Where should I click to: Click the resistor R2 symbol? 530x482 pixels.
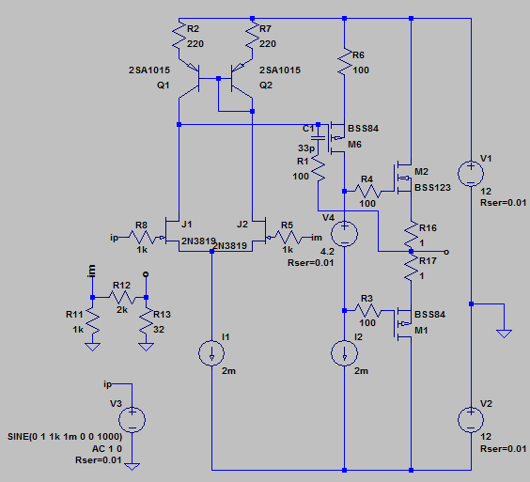coord(179,37)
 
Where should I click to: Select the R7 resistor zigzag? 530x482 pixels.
coord(252,37)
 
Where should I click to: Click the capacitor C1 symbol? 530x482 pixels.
coord(318,137)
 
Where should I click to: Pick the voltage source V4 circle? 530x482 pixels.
coord(344,234)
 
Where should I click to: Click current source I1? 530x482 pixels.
coord(211,353)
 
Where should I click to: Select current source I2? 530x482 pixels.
coord(344,353)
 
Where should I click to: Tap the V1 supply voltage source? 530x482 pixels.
coord(471,174)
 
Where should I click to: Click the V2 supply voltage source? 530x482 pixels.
coord(471,419)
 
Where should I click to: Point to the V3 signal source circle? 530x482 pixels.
coord(132,419)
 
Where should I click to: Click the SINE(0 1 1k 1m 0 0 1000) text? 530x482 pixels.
coord(65,436)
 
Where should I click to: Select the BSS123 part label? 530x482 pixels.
coord(432,188)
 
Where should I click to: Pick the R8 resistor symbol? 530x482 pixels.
coord(142,238)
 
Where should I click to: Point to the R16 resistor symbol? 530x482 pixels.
coord(411,235)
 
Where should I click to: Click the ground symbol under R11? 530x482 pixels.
coord(92,347)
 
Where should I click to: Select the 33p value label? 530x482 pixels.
coord(306,148)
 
